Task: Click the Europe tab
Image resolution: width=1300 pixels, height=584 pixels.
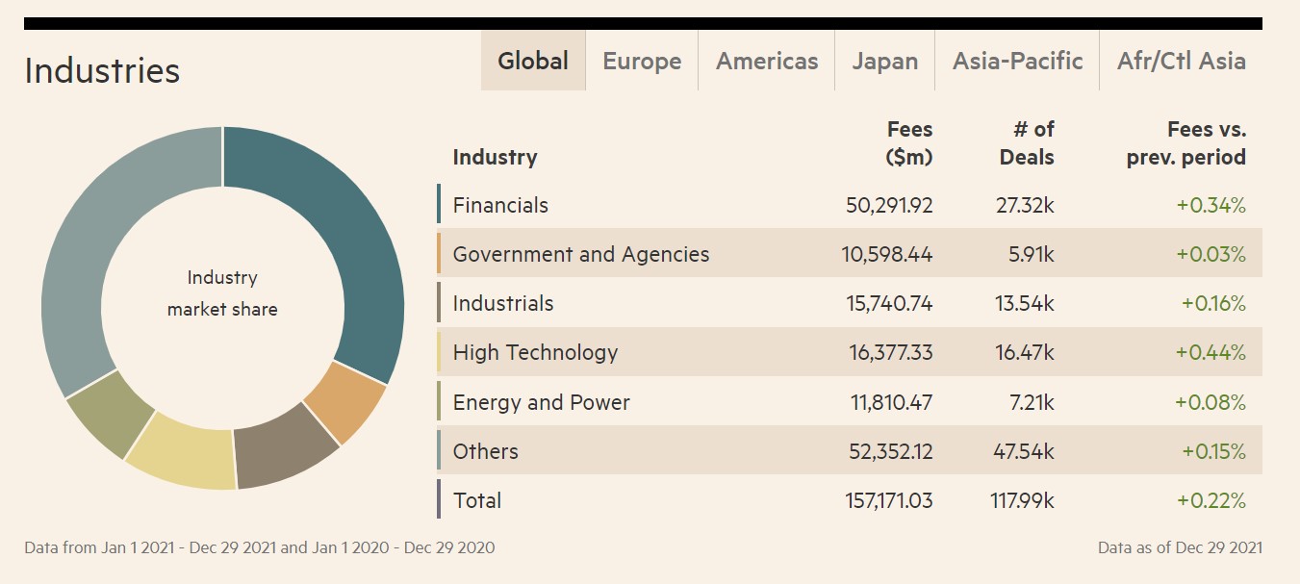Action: point(642,62)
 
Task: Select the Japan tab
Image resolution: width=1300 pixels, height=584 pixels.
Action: point(884,62)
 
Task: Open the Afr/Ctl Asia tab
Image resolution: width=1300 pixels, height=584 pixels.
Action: point(1181,62)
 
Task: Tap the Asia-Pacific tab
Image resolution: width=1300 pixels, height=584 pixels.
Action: point(1017,62)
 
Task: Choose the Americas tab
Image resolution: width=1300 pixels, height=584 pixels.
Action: point(767,62)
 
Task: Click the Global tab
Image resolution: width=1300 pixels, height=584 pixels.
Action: point(533,62)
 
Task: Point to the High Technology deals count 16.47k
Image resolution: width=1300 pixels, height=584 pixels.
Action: point(1024,352)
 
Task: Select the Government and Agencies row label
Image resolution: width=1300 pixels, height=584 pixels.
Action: point(581,254)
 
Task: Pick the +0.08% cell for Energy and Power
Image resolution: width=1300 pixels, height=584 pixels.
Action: point(1211,402)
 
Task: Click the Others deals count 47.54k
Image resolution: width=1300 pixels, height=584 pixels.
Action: point(1022,451)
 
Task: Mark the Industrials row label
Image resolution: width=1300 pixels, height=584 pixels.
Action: point(503,303)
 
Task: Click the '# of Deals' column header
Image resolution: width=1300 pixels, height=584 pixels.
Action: point(1027,142)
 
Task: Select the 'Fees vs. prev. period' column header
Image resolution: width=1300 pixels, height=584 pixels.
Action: point(1185,142)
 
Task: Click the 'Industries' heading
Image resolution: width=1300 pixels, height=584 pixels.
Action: point(102,71)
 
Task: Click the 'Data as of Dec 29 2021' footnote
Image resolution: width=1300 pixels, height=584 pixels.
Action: point(1180,547)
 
